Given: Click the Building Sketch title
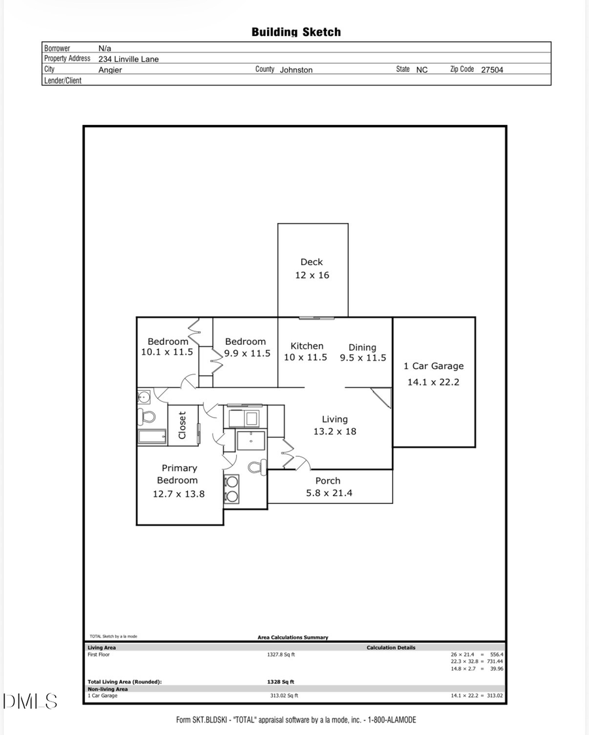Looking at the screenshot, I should point(296,31).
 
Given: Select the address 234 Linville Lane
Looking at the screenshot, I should point(128,59).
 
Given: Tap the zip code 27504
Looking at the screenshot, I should point(492,69).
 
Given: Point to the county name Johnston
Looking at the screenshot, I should point(296,69).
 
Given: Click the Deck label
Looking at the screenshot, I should point(312,262).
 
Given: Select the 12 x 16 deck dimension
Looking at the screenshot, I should point(312,275).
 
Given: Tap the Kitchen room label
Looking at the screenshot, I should point(307,346).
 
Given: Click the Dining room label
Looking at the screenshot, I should point(362,347).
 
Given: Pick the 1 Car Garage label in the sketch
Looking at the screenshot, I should point(433,366).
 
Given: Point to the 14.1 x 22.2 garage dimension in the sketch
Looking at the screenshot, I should point(433,382).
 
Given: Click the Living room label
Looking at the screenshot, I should point(334,419).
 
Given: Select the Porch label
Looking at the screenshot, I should point(328,480).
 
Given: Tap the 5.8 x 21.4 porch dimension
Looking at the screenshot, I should point(329,493).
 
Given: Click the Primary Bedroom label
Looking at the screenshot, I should point(179,474).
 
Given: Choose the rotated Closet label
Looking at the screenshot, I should point(183,425).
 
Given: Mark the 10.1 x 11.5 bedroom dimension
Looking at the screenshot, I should point(167,352).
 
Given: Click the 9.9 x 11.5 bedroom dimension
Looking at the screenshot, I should point(245,353).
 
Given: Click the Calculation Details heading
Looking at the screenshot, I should point(391,647).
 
